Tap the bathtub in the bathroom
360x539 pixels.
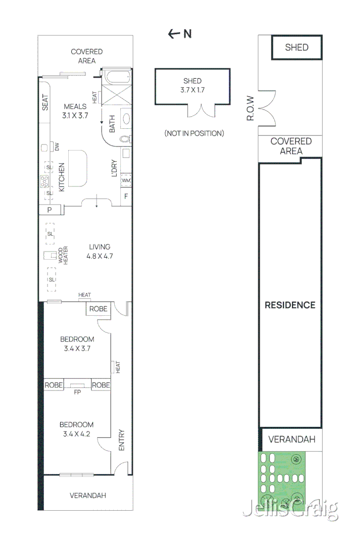pyautogui.click(x=116, y=78)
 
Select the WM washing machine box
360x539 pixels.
pyautogui.click(x=126, y=181)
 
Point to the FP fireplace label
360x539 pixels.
pyautogui.click(x=77, y=392)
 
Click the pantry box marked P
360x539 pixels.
pyautogui.click(x=50, y=210)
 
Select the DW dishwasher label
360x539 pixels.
pyautogui.click(x=57, y=147)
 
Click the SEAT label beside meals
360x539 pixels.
pyautogui.click(x=45, y=103)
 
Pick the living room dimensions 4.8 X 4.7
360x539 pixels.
pyautogui.click(x=100, y=256)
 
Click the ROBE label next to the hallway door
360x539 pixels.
pyautogui.click(x=99, y=309)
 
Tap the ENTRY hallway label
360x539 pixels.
pyautogui.click(x=121, y=440)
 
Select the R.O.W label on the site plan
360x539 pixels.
pyautogui.click(x=250, y=109)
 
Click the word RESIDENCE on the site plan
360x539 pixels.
pyautogui.click(x=290, y=305)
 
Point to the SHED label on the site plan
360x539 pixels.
pyautogui.click(x=296, y=47)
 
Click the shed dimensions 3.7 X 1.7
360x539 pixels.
pyautogui.click(x=192, y=90)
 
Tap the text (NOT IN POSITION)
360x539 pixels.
pyautogui.click(x=194, y=133)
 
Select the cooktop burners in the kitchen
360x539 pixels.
pyautogui.click(x=45, y=180)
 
